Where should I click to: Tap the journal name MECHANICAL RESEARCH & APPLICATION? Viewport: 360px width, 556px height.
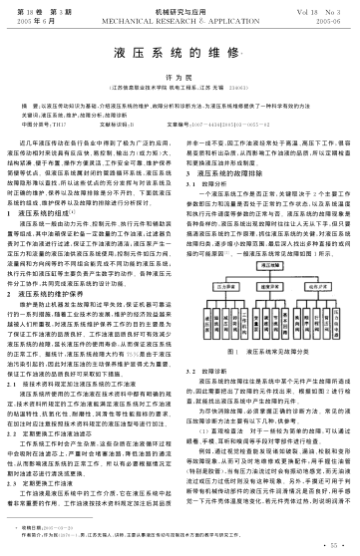point(180,18)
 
